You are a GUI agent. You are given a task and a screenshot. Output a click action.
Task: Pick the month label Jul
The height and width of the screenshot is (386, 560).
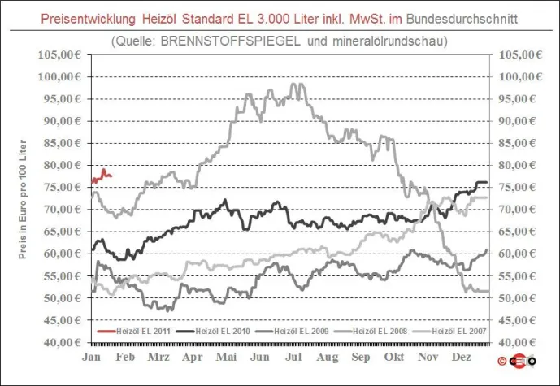[295, 357]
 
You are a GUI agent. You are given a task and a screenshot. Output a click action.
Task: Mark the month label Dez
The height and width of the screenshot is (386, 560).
[461, 357]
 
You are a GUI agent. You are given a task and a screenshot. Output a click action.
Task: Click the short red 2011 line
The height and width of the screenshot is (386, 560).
[103, 176]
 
